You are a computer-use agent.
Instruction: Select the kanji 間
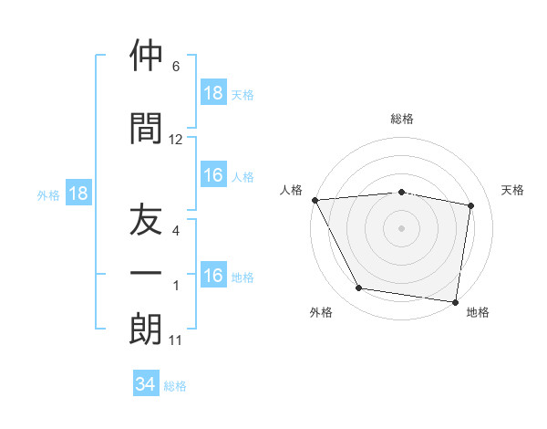(x=146, y=128)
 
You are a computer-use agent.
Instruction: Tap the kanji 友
(x=146, y=220)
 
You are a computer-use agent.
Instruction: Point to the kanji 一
(x=146, y=275)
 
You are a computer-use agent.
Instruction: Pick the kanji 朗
(x=146, y=330)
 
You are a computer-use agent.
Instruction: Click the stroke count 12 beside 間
(x=176, y=140)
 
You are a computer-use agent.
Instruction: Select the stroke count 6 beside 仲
(x=176, y=67)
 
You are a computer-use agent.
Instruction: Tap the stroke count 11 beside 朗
(x=176, y=341)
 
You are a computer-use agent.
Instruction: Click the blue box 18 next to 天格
(x=212, y=93)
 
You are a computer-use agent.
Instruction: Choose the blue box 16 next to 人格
(x=212, y=176)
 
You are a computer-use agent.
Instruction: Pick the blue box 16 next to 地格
(x=212, y=277)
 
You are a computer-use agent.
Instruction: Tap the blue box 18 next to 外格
(x=77, y=194)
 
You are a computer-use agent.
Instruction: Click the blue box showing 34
(x=146, y=385)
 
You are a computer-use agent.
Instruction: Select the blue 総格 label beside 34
(x=175, y=386)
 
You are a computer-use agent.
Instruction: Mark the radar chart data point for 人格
(x=315, y=200)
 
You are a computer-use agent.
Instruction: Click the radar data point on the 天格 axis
(x=471, y=205)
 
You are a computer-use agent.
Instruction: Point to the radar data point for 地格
(x=455, y=301)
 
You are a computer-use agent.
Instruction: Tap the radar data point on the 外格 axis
(x=359, y=288)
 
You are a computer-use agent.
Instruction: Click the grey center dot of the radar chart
(x=402, y=228)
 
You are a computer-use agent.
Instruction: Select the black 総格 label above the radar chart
(x=402, y=119)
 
